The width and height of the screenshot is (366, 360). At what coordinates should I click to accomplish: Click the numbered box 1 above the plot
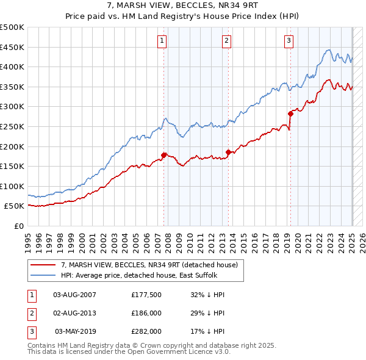[162, 41]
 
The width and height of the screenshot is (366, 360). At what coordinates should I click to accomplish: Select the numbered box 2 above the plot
[226, 41]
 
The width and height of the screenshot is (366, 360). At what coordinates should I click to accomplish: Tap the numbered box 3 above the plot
[289, 41]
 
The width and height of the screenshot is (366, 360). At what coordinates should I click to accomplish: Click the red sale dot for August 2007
[164, 155]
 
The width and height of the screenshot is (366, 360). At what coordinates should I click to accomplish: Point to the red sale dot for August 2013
[228, 152]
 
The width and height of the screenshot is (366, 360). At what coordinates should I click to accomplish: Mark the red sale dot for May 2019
[290, 113]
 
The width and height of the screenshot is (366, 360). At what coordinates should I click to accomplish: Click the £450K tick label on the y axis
[12, 47]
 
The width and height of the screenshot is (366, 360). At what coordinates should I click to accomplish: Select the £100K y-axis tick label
[12, 186]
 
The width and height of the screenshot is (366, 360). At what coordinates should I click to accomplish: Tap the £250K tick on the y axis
[12, 126]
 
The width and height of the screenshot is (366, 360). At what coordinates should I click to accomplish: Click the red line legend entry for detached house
[152, 264]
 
